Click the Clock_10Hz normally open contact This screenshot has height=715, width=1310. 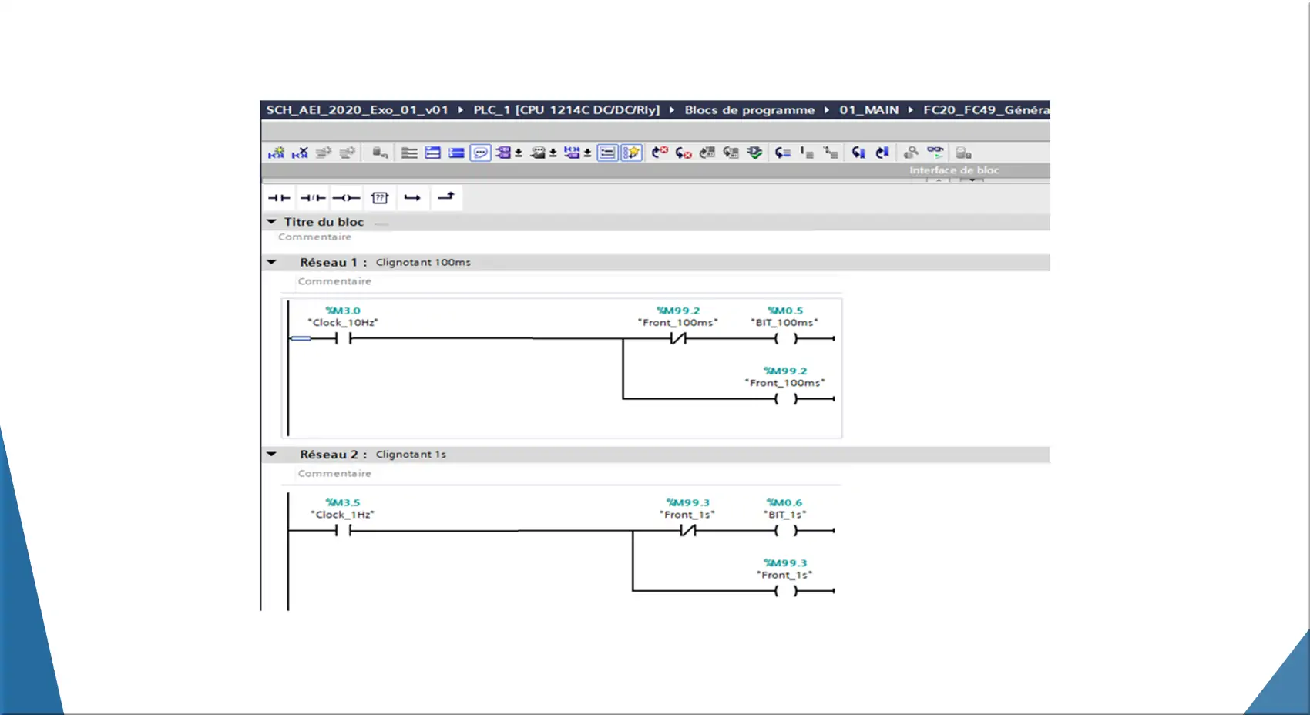343,338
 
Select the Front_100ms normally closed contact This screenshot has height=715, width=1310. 678,338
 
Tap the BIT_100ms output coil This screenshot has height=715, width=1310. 785,338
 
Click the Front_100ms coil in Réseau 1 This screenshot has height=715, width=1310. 785,398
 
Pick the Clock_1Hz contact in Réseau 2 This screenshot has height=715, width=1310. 343,530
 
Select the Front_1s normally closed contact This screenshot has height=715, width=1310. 687,530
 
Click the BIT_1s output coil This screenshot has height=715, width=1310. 785,531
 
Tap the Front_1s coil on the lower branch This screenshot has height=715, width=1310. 785,591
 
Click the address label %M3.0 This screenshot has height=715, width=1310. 343,311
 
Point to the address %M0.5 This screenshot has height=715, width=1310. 784,311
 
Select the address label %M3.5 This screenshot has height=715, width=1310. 343,503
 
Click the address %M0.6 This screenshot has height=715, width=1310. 784,503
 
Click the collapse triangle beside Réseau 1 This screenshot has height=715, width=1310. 271,262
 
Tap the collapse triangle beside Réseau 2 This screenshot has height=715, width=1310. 271,454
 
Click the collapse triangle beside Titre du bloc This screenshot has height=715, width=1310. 271,222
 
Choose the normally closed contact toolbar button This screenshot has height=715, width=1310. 313,198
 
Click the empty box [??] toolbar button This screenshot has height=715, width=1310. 380,198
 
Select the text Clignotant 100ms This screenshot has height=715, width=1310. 423,263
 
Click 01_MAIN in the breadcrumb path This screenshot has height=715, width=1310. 869,110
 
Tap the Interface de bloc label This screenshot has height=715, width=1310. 954,170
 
